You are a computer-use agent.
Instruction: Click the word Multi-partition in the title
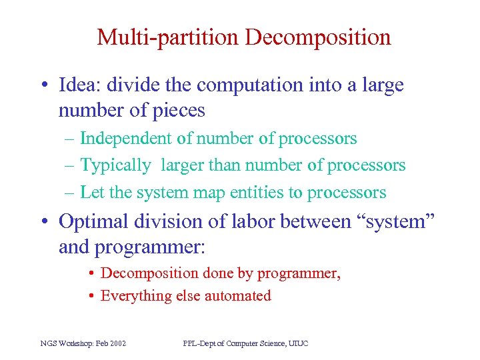(167, 37)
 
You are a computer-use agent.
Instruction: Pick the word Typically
(115, 165)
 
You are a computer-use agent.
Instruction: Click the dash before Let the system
(70, 193)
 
